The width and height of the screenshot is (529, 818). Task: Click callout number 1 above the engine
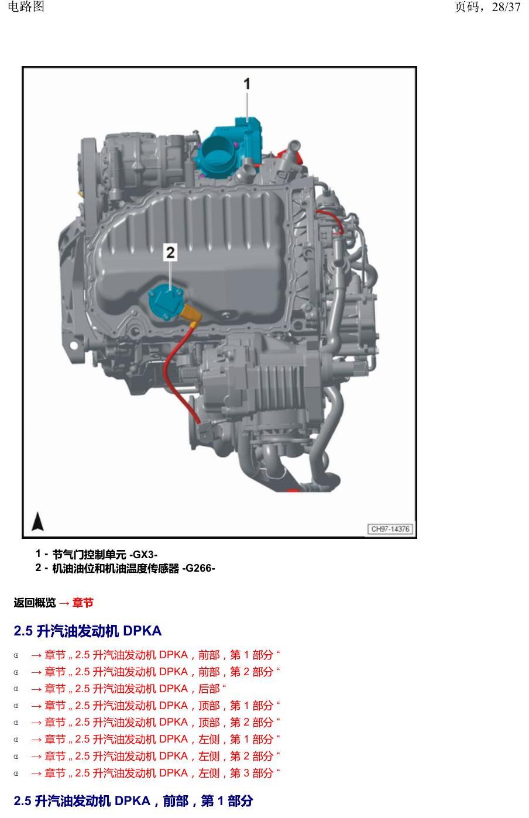(247, 84)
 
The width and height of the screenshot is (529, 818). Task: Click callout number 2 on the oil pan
(170, 252)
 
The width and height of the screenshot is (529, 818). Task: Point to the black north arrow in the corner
(37, 521)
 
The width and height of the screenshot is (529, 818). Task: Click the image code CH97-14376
(390, 529)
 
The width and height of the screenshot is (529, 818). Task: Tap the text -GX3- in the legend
(143, 555)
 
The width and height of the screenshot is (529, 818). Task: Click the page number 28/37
(506, 7)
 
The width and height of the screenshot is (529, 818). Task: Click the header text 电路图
(26, 6)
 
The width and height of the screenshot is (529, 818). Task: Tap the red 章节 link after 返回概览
(83, 603)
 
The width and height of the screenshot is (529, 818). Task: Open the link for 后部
(128, 689)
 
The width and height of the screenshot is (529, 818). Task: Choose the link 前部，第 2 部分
(155, 672)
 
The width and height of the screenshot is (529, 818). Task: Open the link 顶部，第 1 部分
(155, 706)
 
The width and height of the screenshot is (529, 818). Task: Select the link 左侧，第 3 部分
(155, 773)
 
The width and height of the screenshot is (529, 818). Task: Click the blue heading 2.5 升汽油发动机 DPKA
(88, 631)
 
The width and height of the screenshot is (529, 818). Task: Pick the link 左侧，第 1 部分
(155, 739)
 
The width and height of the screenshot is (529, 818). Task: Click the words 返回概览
(35, 603)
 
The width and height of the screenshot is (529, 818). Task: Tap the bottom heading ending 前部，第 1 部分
(133, 801)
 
